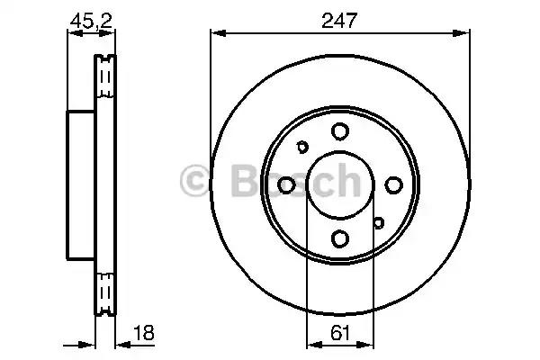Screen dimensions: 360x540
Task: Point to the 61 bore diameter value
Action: coord(338,332)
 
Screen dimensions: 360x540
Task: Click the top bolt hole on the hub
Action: coord(339,132)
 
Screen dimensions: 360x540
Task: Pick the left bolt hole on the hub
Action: coord(286,184)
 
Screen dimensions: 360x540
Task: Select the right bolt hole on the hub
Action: coord(392,184)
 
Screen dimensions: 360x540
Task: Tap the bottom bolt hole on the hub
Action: coord(339,238)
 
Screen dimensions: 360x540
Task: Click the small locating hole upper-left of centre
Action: coord(303,148)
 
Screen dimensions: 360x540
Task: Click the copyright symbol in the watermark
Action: coord(195,180)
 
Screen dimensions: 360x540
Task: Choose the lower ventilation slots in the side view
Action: coord(106,292)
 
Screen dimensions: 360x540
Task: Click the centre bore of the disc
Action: coord(339,184)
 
